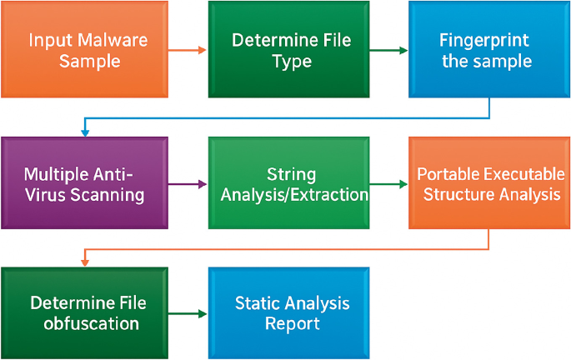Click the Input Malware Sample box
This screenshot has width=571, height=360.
pyautogui.click(x=83, y=50)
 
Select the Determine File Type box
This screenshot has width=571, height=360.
pyautogui.click(x=288, y=50)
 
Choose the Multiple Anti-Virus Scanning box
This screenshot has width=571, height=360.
pyautogui.click(x=83, y=184)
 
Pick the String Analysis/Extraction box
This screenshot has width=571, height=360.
pyautogui.click(x=288, y=184)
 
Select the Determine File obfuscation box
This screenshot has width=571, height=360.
pyautogui.click(x=83, y=312)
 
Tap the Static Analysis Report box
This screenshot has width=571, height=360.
pyautogui.click(x=288, y=312)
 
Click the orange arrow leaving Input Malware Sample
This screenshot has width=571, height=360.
pyautogui.click(x=187, y=51)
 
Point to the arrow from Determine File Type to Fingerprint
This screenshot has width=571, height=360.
pyautogui.click(x=388, y=51)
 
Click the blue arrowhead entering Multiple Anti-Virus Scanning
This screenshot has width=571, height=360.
pyautogui.click(x=84, y=132)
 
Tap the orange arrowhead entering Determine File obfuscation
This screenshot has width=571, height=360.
pyautogui.click(x=84, y=262)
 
